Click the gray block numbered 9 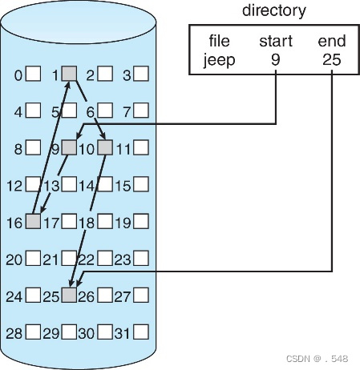pyautogui.click(x=70, y=148)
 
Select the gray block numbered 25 pyautogui.click(x=70, y=296)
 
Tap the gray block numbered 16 pyautogui.click(x=33, y=222)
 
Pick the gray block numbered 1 pyautogui.click(x=70, y=74)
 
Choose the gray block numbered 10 pyautogui.click(x=106, y=148)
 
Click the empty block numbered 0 pyautogui.click(x=33, y=75)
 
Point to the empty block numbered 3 pyautogui.click(x=141, y=75)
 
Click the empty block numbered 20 pyautogui.click(x=33, y=259)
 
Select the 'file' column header pyautogui.click(x=219, y=40)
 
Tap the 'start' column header pyautogui.click(x=275, y=40)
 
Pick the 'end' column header pyautogui.click(x=330, y=40)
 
